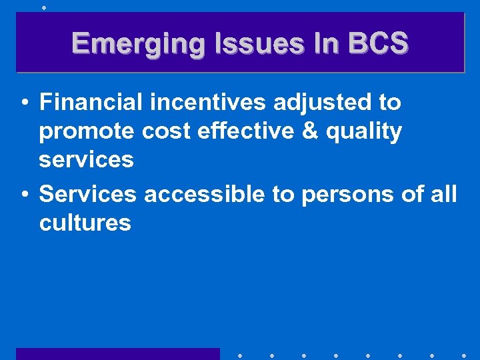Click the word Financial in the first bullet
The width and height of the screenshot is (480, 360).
(x=91, y=102)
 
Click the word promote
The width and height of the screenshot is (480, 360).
(x=87, y=132)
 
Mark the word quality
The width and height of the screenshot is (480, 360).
(x=363, y=132)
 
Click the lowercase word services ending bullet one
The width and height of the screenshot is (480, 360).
(x=87, y=160)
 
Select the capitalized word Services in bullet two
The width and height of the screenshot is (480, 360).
(x=88, y=194)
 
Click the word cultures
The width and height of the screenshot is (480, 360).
(x=85, y=223)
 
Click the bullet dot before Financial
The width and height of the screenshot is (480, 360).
(x=23, y=103)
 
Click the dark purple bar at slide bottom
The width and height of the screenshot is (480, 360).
(x=117, y=353)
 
